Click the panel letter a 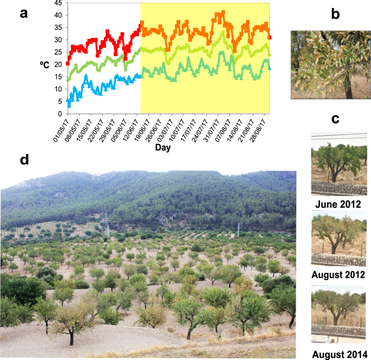23,13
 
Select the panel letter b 335,15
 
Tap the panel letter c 336,118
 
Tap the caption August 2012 339,274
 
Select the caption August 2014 339,355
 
